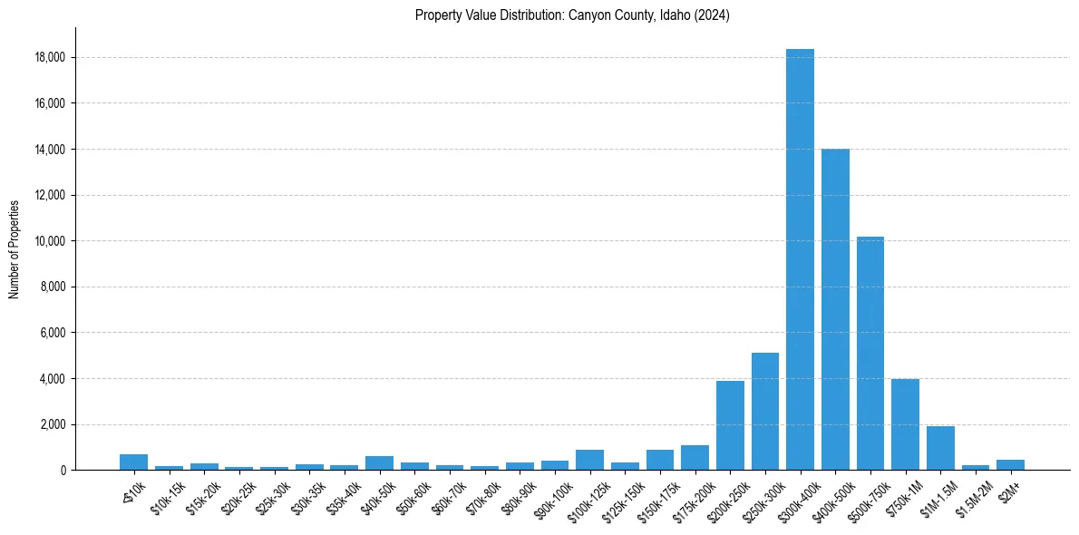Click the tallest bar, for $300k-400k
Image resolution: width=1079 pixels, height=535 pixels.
[x=800, y=259]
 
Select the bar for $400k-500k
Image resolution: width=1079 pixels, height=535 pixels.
[x=835, y=309]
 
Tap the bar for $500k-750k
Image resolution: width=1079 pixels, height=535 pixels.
[x=870, y=354]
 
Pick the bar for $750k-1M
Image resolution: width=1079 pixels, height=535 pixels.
[x=905, y=424]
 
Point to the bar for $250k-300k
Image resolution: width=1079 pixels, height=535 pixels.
[x=765, y=412]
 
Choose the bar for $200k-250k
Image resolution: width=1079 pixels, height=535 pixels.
[x=730, y=425]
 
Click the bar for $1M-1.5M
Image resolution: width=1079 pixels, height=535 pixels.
[x=940, y=448]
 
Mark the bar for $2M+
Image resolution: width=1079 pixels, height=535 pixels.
[x=1010, y=464]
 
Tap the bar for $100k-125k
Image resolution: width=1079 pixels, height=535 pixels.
[x=589, y=460]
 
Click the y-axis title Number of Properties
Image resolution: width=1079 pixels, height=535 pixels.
[x=15, y=248]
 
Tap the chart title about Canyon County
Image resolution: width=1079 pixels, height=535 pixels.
[x=572, y=15]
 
